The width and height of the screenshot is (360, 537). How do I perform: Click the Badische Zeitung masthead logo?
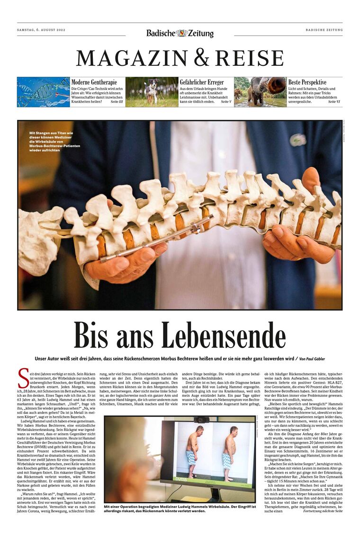click(x=180, y=33)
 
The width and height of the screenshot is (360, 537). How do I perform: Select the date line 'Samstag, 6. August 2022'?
click(x=41, y=30)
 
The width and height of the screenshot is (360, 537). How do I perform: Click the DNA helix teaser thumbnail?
click(x=43, y=92)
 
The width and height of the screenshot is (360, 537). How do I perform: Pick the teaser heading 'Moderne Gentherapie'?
click(x=94, y=82)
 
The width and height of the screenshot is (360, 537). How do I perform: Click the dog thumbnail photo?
click(x=152, y=92)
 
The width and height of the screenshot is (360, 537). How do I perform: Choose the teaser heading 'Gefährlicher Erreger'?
click(x=202, y=82)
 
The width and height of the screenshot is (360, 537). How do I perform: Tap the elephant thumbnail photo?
click(x=260, y=92)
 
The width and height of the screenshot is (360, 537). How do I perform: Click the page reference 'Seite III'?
click(x=117, y=102)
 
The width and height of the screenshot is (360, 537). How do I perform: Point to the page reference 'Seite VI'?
click(x=334, y=102)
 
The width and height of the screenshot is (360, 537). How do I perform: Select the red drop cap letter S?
click(x=21, y=378)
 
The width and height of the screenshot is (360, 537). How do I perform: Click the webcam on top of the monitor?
click(x=201, y=420)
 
